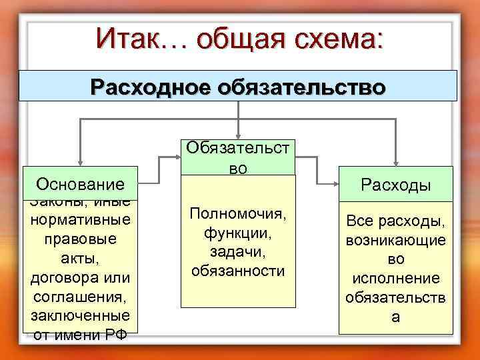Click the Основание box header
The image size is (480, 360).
tap(81, 183)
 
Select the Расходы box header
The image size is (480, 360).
tap(396, 185)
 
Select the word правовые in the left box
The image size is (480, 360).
tap(81, 238)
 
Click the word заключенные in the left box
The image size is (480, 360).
tap(81, 315)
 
